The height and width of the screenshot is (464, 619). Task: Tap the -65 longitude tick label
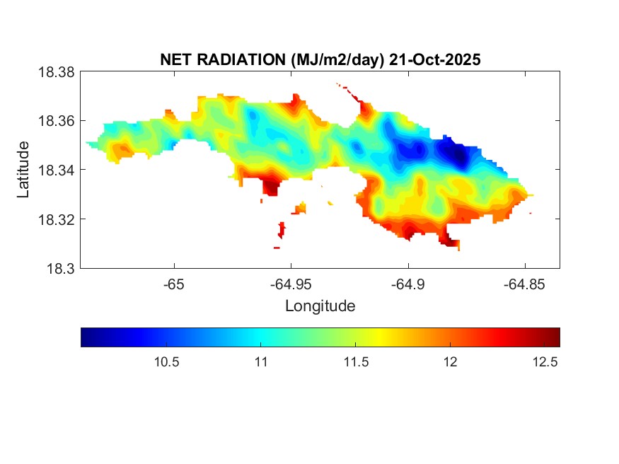coord(174,284)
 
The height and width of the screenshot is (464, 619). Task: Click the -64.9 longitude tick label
coord(407,284)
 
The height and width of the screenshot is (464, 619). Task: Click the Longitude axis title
coord(320,306)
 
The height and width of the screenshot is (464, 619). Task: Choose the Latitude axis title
coord(23,170)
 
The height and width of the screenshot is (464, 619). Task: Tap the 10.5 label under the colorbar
coord(166,362)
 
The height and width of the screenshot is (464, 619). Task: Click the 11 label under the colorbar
coord(260,362)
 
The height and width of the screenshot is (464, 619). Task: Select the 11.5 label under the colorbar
coord(355,362)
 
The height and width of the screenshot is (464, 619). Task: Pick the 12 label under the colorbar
coord(450,362)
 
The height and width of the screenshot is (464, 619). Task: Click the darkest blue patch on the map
coord(458,156)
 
